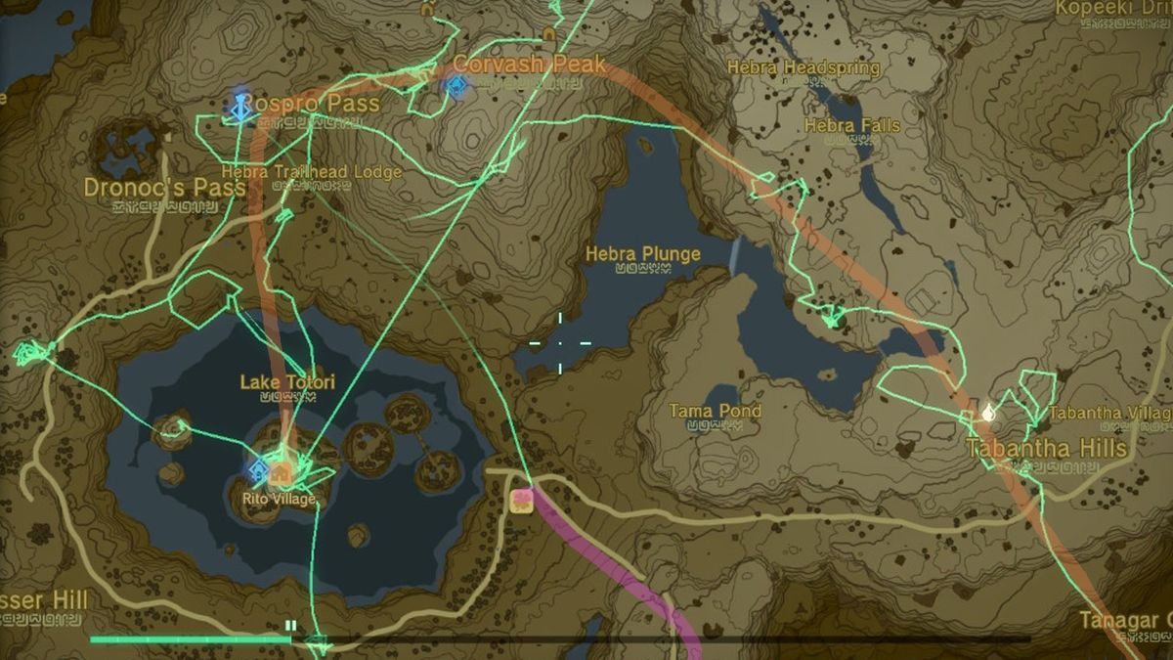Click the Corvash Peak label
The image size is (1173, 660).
pyautogui.click(x=529, y=66)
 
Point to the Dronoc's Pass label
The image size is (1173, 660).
pyautogui.click(x=164, y=187)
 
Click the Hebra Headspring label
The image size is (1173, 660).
pyautogui.click(x=804, y=67)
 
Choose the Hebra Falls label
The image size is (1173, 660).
pyautogui.click(x=851, y=125)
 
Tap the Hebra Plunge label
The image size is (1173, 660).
pyautogui.click(x=642, y=254)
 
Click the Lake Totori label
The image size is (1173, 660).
pyautogui.click(x=287, y=381)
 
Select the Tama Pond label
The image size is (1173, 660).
pyautogui.click(x=715, y=411)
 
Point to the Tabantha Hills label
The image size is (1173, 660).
pyautogui.click(x=1046, y=449)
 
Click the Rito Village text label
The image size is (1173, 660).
pyautogui.click(x=280, y=500)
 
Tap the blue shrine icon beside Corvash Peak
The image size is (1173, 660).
pyautogui.click(x=455, y=87)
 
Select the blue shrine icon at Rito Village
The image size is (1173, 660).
pyautogui.click(x=259, y=472)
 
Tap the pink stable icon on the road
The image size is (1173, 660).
pyautogui.click(x=521, y=502)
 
